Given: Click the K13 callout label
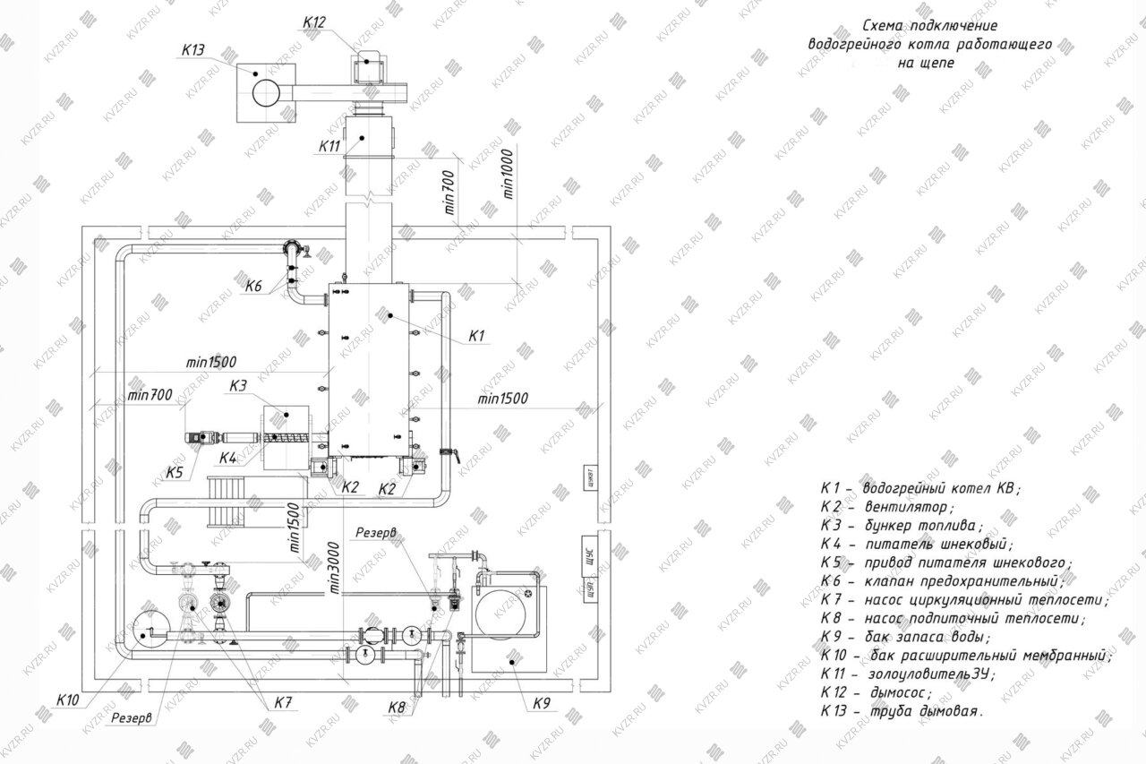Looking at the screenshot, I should (x=194, y=50).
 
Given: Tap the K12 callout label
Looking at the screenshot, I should (x=315, y=22).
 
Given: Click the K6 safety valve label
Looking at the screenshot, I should (x=253, y=288).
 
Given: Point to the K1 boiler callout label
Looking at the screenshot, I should (x=477, y=336).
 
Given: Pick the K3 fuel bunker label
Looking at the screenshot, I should (x=237, y=387).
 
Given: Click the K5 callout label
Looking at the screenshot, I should (x=175, y=472).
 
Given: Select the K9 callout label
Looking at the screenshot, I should (x=542, y=703).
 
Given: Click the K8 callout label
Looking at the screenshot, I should (x=398, y=708).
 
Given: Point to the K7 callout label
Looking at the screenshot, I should (x=284, y=703).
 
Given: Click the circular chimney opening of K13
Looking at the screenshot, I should (x=266, y=92).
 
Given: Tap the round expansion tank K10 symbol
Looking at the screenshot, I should (x=149, y=631).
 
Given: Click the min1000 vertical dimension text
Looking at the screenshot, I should (x=509, y=172).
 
